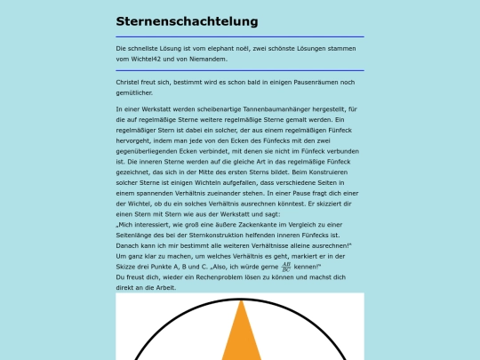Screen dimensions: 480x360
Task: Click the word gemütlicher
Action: pyautogui.click(x=134, y=92)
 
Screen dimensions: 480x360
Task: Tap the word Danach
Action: pyautogui.click(x=130, y=244)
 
